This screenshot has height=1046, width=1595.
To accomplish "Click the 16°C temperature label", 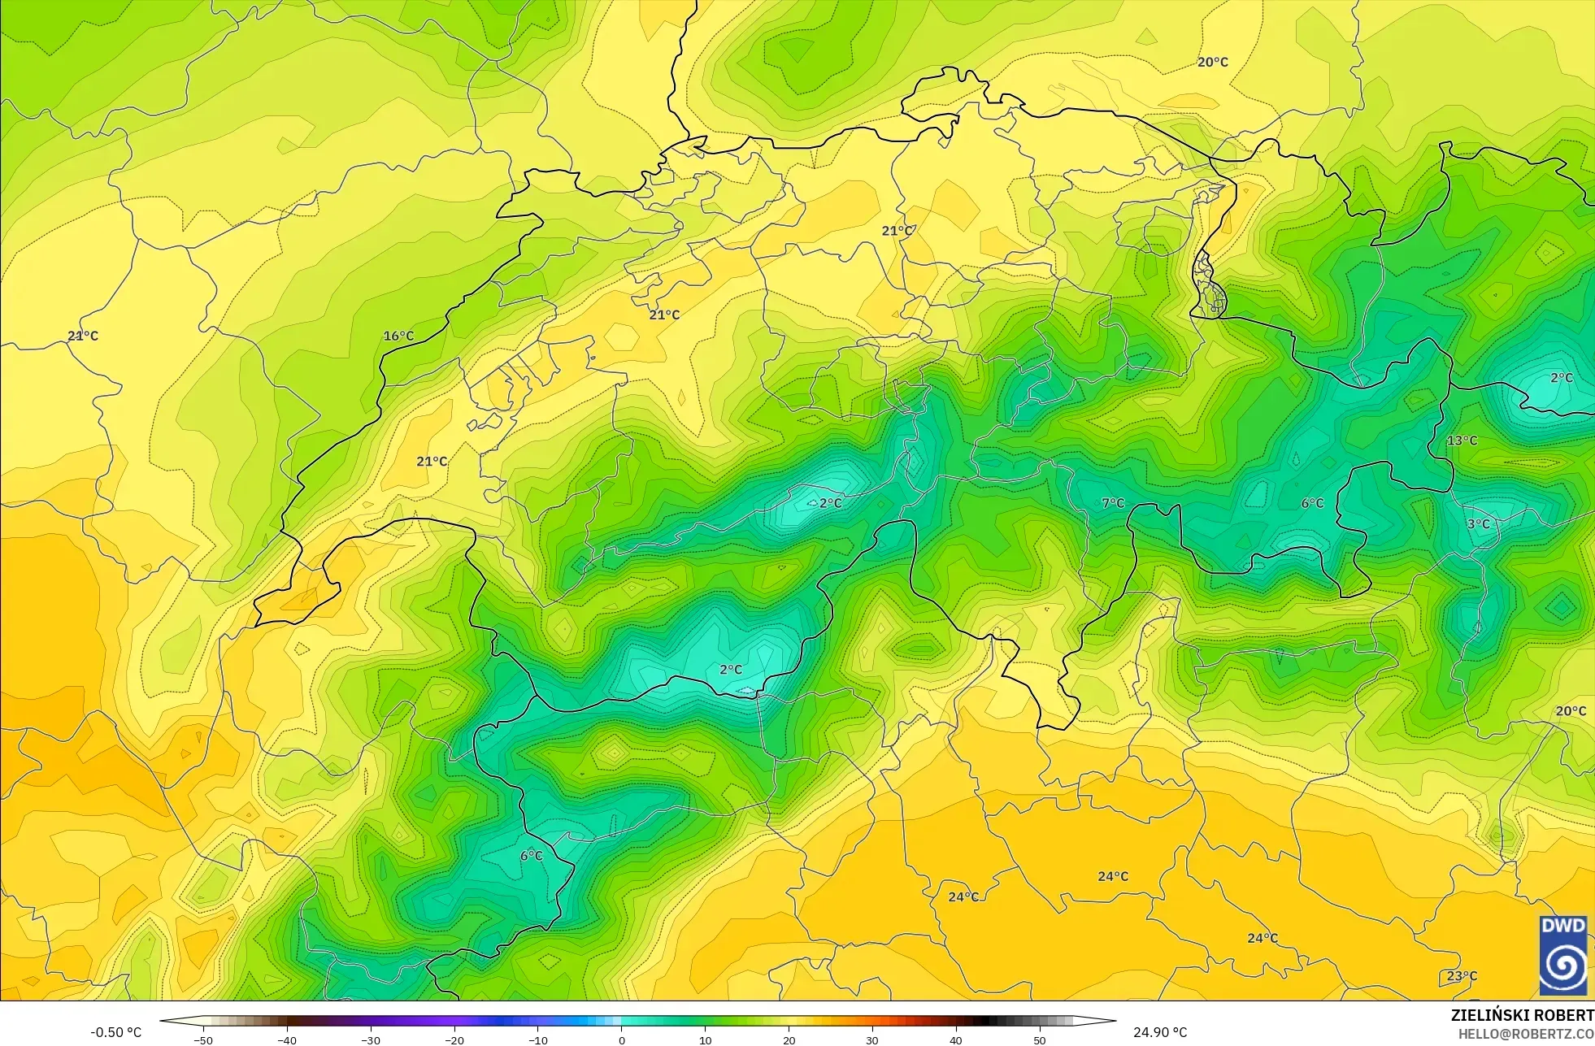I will [398, 336].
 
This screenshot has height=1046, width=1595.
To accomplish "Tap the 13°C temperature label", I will [1462, 441].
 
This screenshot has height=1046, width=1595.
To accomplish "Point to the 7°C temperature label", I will [1113, 503].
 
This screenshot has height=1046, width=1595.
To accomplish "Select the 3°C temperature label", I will [1478, 524].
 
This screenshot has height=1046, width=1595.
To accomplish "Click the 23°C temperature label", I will [1462, 976].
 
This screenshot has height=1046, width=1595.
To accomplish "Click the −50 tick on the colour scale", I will [203, 1039].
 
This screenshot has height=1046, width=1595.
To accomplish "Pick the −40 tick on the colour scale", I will [287, 1039].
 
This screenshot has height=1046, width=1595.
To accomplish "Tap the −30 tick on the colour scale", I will [371, 1039].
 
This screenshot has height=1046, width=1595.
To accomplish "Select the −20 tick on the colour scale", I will [454, 1039].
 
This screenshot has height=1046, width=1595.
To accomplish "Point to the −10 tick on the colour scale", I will [538, 1039].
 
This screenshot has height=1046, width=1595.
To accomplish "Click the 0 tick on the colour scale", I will [622, 1039].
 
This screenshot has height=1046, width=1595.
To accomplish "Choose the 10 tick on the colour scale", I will [705, 1039].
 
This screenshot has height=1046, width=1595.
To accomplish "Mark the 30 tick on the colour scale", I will [872, 1039].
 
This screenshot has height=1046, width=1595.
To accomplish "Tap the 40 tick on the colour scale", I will [956, 1039].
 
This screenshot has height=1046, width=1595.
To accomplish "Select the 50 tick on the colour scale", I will [1040, 1039].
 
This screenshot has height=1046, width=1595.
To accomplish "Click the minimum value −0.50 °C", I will [115, 1032].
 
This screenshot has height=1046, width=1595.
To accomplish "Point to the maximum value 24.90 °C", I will [1160, 1032].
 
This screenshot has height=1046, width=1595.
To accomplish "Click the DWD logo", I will [1562, 955].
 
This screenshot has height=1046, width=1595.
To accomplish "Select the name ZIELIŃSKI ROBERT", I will [1522, 1015].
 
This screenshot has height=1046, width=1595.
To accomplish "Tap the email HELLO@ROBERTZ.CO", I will [1525, 1034].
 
